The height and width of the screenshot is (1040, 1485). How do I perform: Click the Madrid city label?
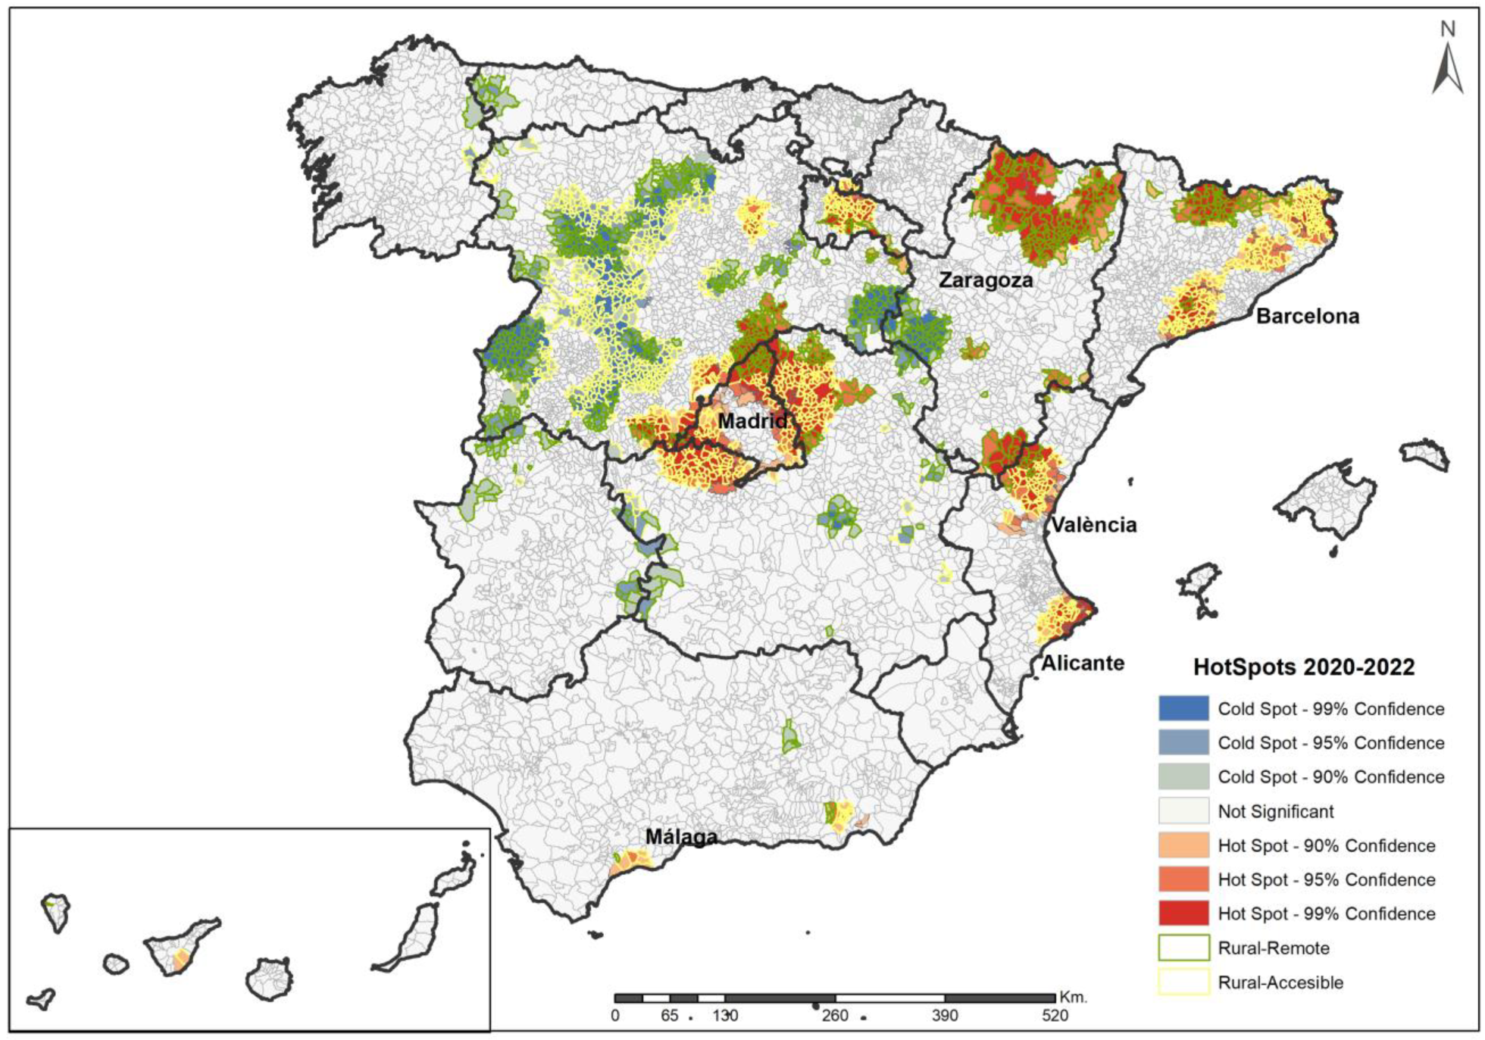coord(752,420)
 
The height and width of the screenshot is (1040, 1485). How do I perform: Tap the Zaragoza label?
coord(986,280)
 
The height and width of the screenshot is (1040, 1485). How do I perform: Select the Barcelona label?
coord(1308,316)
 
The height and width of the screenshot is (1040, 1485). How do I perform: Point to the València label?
coord(1093,524)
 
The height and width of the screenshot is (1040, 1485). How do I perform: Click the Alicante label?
coord(1082,663)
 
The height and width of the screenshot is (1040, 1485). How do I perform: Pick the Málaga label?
coord(681,837)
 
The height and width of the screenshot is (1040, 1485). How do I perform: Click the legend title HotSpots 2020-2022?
coord(1303,667)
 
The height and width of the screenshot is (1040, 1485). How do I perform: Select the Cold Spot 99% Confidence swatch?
coord(1183,709)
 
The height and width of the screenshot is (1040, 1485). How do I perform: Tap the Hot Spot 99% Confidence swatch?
coord(1183,914)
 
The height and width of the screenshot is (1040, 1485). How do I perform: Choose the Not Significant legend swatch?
coord(1183,811)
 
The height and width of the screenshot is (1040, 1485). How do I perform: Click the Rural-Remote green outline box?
coord(1183,948)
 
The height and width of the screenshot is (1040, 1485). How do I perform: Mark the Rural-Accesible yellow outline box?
coord(1183,982)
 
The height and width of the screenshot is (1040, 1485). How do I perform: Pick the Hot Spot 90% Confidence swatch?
coord(1183,845)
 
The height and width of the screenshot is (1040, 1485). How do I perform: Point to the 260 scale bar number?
coord(835,1016)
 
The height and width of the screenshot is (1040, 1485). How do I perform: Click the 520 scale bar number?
coord(1055,1016)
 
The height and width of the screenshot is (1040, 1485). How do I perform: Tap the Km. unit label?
coord(1074,997)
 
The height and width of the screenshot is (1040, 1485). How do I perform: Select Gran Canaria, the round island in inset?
coord(269,979)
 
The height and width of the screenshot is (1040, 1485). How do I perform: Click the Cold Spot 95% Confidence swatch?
coord(1183,743)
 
